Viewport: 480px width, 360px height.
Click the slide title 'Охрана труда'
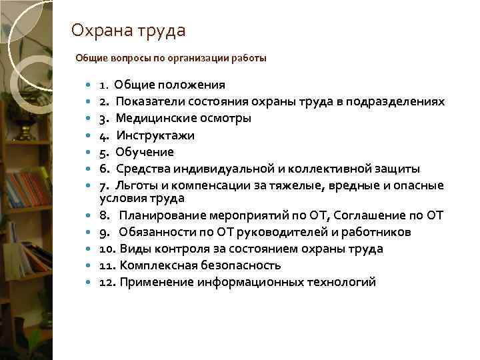(128, 31)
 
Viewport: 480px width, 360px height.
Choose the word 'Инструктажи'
(155, 135)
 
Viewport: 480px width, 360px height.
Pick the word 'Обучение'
(144, 152)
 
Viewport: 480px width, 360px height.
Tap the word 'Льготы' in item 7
(137, 184)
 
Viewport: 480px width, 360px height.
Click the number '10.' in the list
(107, 249)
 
